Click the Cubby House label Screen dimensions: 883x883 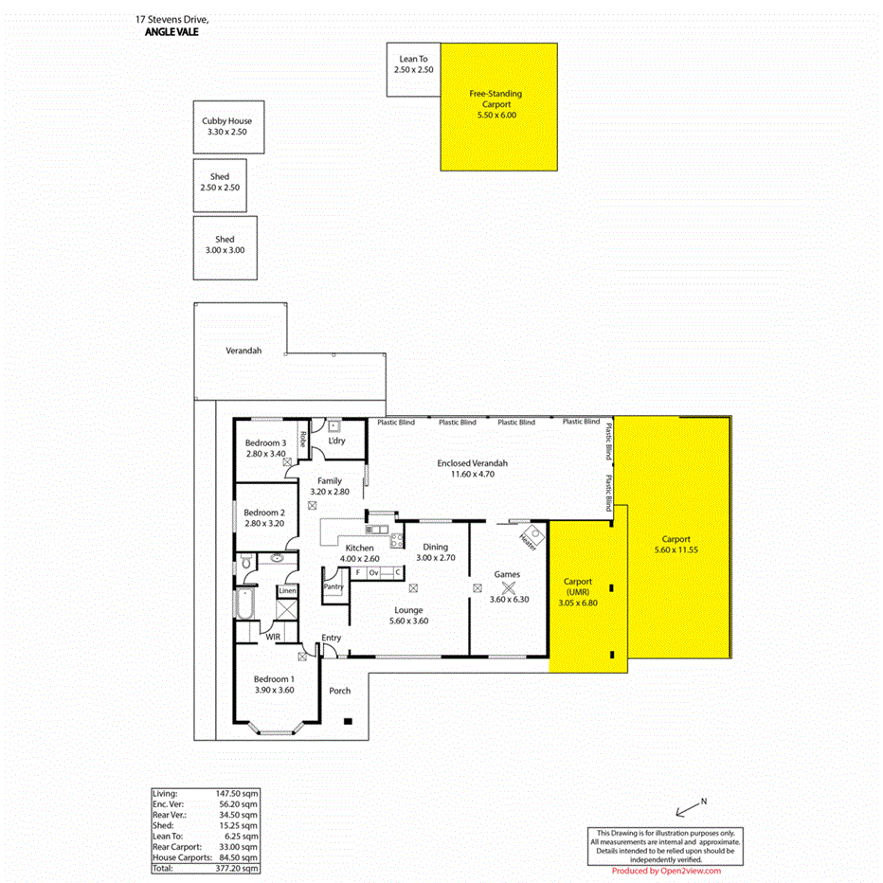tap(227, 121)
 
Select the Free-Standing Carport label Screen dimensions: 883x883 tap(496, 99)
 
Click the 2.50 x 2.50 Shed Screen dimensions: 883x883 tap(220, 183)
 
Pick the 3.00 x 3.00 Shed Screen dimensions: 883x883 tap(224, 245)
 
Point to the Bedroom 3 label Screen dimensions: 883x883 tap(265, 443)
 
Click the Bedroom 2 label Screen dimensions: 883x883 tap(264, 513)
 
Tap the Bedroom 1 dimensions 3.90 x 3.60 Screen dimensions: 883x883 tap(274, 690)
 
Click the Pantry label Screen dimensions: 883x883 tap(333, 586)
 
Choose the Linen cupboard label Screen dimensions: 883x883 tap(287, 591)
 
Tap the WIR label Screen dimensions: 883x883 tap(273, 638)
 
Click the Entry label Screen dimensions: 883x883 tap(332, 638)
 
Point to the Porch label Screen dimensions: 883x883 tap(339, 691)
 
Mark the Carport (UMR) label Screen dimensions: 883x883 tap(578, 586)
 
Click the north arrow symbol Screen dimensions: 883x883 tap(688, 807)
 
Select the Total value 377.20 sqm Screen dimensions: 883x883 tap(238, 868)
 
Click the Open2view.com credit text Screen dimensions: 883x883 tap(666, 871)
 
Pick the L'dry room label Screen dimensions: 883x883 tap(335, 441)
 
